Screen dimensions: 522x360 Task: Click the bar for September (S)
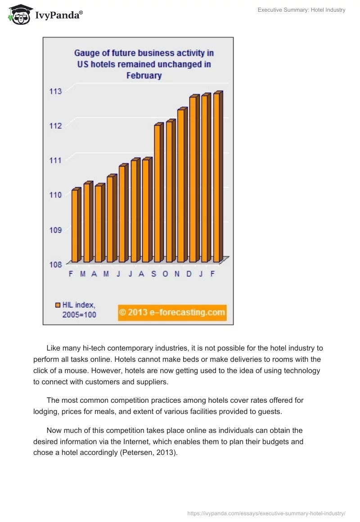coord(157,193)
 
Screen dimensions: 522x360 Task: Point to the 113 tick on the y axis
coord(55,91)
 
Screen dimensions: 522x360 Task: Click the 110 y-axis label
coord(55,195)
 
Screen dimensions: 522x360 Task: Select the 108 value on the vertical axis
coord(55,264)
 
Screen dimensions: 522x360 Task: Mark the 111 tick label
coord(55,160)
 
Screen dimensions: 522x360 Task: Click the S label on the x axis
coord(153,274)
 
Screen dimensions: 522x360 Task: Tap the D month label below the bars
coord(189,274)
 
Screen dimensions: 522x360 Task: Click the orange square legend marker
coord(58,305)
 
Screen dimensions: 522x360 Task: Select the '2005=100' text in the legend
coord(79,315)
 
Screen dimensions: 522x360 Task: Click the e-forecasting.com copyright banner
coord(172,312)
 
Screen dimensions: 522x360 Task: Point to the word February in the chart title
coord(144,76)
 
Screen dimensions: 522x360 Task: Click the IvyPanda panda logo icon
coord(19,14)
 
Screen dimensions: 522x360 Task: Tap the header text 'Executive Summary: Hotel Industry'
coord(301,10)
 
